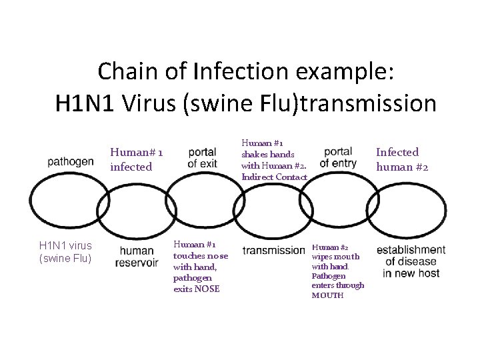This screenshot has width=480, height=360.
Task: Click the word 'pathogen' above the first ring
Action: (x=71, y=161)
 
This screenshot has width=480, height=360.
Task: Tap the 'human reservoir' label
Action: (x=137, y=256)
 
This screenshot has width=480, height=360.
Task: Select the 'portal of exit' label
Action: (x=202, y=157)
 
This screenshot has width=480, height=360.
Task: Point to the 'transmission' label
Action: (x=273, y=250)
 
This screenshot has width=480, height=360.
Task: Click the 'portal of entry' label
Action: (x=338, y=157)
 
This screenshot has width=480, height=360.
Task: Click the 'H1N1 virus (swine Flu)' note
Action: (x=65, y=251)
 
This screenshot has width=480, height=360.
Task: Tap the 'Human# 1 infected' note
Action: (x=137, y=159)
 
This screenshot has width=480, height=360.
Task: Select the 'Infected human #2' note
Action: (x=402, y=159)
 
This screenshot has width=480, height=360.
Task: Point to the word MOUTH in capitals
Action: (x=328, y=295)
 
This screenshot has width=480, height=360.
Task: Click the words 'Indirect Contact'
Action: (x=274, y=177)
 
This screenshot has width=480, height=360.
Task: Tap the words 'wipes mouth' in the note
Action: (x=335, y=257)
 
